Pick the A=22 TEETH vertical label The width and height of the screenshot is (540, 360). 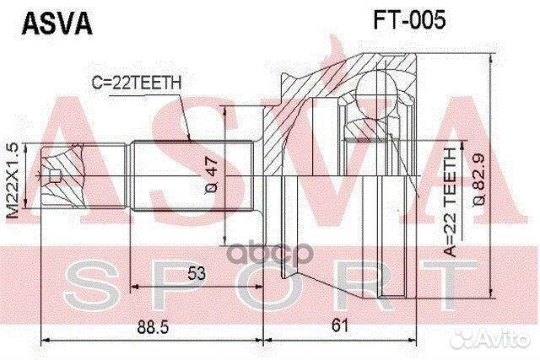451,199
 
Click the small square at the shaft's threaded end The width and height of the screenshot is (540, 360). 54,176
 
